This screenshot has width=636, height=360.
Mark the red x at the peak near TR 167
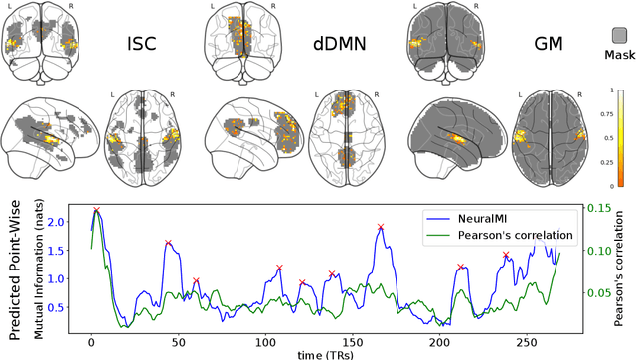pos(381,228)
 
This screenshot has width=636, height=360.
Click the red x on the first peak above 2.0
pos(96,211)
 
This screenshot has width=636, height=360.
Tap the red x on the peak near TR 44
pos(168,243)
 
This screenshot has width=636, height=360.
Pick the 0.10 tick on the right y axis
pos(600,250)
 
